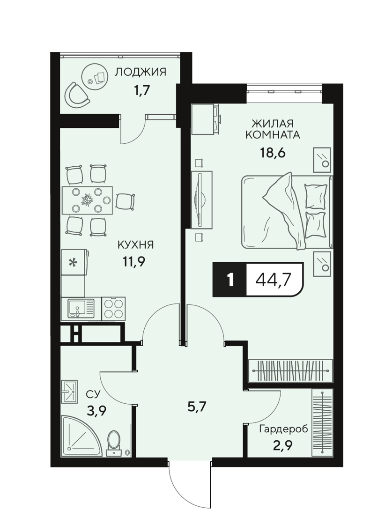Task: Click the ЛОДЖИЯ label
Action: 140,72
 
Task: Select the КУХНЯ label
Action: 135,245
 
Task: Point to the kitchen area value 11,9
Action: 133,261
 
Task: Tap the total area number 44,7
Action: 273,280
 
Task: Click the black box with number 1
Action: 230,280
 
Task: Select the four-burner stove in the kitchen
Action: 113,308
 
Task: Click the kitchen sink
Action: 81,308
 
